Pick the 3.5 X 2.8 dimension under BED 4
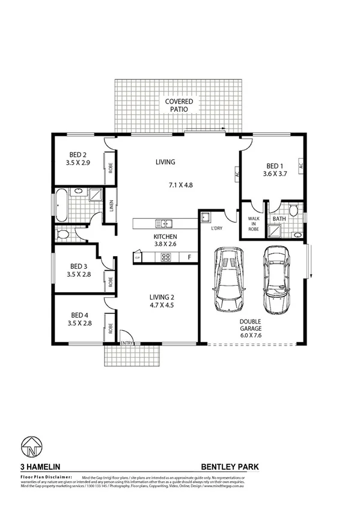coord(79,324)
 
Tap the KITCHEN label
coord(165,237)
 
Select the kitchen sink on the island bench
coord(163,224)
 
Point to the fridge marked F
coord(189,258)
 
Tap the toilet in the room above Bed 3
coord(62,235)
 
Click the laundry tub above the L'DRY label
coord(205,217)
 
